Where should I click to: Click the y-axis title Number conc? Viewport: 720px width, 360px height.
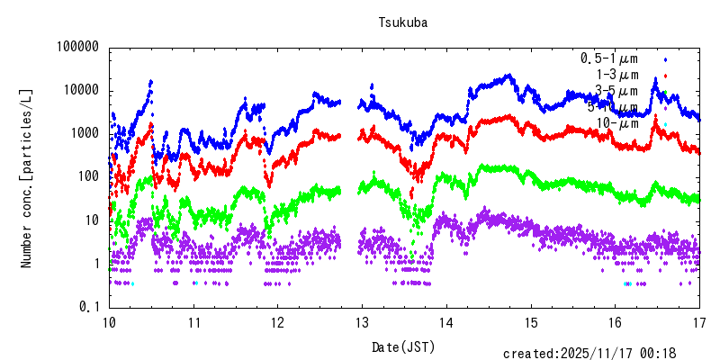(x=27, y=177)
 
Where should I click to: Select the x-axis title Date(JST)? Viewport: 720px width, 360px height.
(x=403, y=346)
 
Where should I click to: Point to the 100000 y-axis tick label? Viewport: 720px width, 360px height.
(x=74, y=47)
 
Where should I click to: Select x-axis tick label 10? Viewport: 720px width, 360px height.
(x=109, y=321)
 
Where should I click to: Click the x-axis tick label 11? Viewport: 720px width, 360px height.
(x=193, y=321)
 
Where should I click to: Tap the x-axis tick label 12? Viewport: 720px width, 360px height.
(x=278, y=321)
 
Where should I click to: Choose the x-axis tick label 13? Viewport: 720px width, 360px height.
(x=363, y=321)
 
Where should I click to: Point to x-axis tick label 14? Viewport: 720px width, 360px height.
(x=446, y=321)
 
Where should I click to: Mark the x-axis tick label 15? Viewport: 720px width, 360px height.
(x=531, y=321)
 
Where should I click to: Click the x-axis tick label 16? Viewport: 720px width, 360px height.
(x=616, y=321)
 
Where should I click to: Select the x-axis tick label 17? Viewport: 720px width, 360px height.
(x=700, y=321)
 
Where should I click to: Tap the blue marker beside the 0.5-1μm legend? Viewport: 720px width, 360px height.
(x=665, y=58)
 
